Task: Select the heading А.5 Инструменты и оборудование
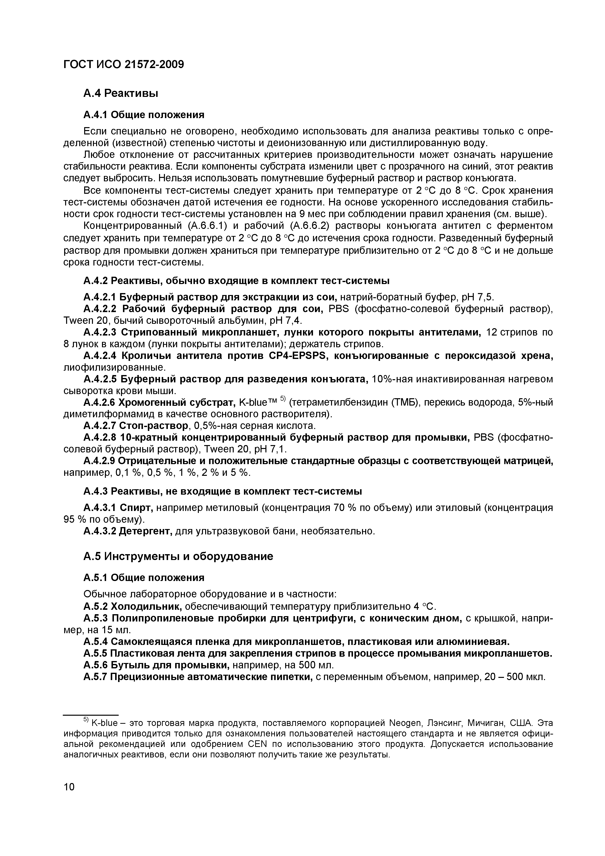178,557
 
